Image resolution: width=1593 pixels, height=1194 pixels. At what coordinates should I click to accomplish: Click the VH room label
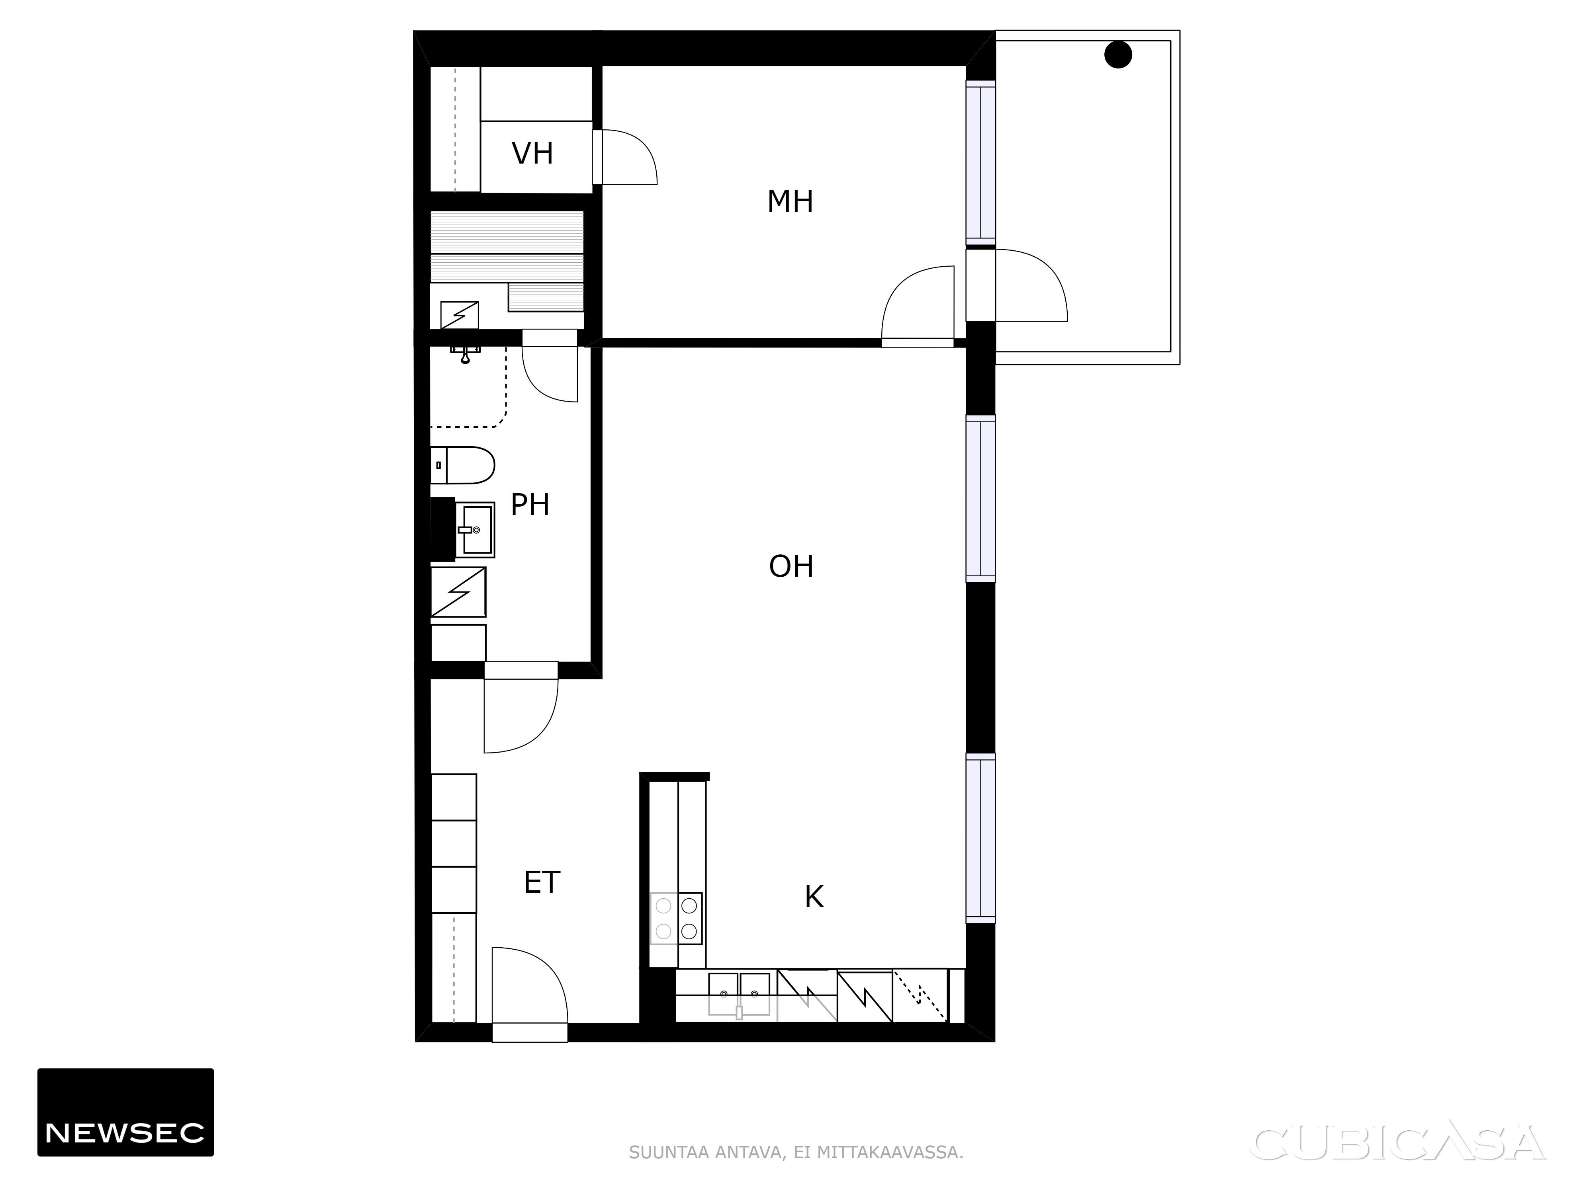click(532, 153)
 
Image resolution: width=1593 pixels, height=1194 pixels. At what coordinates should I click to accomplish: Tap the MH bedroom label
click(790, 201)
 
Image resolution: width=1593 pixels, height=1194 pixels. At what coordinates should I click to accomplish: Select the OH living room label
click(791, 566)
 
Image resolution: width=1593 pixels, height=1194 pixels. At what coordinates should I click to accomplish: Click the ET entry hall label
click(542, 882)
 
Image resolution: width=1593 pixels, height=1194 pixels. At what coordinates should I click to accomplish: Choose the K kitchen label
click(814, 897)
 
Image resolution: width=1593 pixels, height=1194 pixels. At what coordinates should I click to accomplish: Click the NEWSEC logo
click(125, 1112)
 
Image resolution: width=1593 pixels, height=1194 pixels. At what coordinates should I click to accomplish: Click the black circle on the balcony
click(1118, 55)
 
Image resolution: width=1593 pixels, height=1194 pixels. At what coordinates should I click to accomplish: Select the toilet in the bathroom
click(462, 465)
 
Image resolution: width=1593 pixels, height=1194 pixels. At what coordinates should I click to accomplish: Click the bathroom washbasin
click(475, 530)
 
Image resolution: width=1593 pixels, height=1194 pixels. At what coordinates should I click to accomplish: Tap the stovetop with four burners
click(676, 918)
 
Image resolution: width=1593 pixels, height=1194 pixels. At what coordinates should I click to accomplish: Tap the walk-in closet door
click(624, 157)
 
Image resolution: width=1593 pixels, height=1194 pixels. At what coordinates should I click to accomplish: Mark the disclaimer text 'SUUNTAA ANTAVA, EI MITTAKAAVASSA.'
click(796, 1152)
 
